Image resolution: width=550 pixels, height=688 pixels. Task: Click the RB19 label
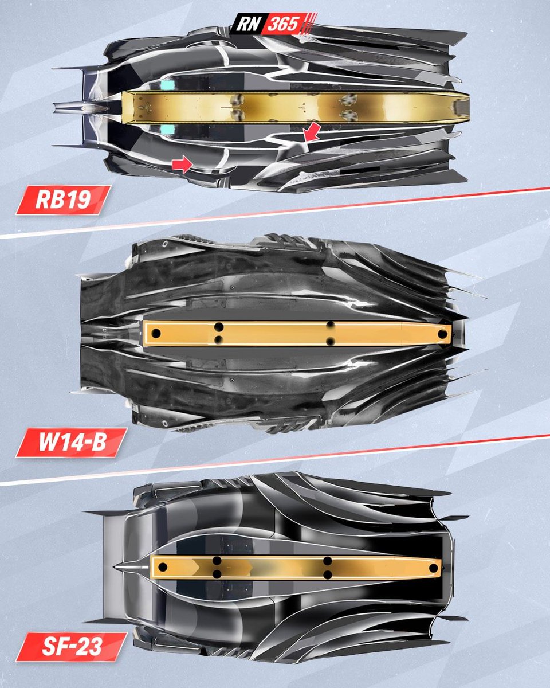pyautogui.click(x=63, y=200)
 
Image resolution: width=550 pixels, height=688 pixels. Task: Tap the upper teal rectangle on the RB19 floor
pyautogui.click(x=167, y=84)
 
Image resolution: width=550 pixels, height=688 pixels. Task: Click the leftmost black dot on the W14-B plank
pyautogui.click(x=155, y=334)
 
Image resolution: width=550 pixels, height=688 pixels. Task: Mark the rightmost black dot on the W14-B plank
pyautogui.click(x=442, y=333)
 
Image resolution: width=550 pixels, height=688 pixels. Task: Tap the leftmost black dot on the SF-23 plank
pyautogui.click(x=163, y=567)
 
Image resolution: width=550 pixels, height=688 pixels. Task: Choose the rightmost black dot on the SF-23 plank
pyautogui.click(x=433, y=568)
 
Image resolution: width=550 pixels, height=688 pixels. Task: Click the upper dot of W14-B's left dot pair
pyautogui.click(x=218, y=327)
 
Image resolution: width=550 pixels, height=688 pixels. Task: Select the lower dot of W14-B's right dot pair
pyautogui.click(x=331, y=341)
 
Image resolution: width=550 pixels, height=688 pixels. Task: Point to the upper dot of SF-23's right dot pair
pyautogui.click(x=328, y=561)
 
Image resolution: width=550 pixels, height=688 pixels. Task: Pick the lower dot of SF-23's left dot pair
pyautogui.click(x=217, y=574)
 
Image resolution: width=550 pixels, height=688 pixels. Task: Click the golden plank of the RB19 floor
pyautogui.click(x=286, y=107)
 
